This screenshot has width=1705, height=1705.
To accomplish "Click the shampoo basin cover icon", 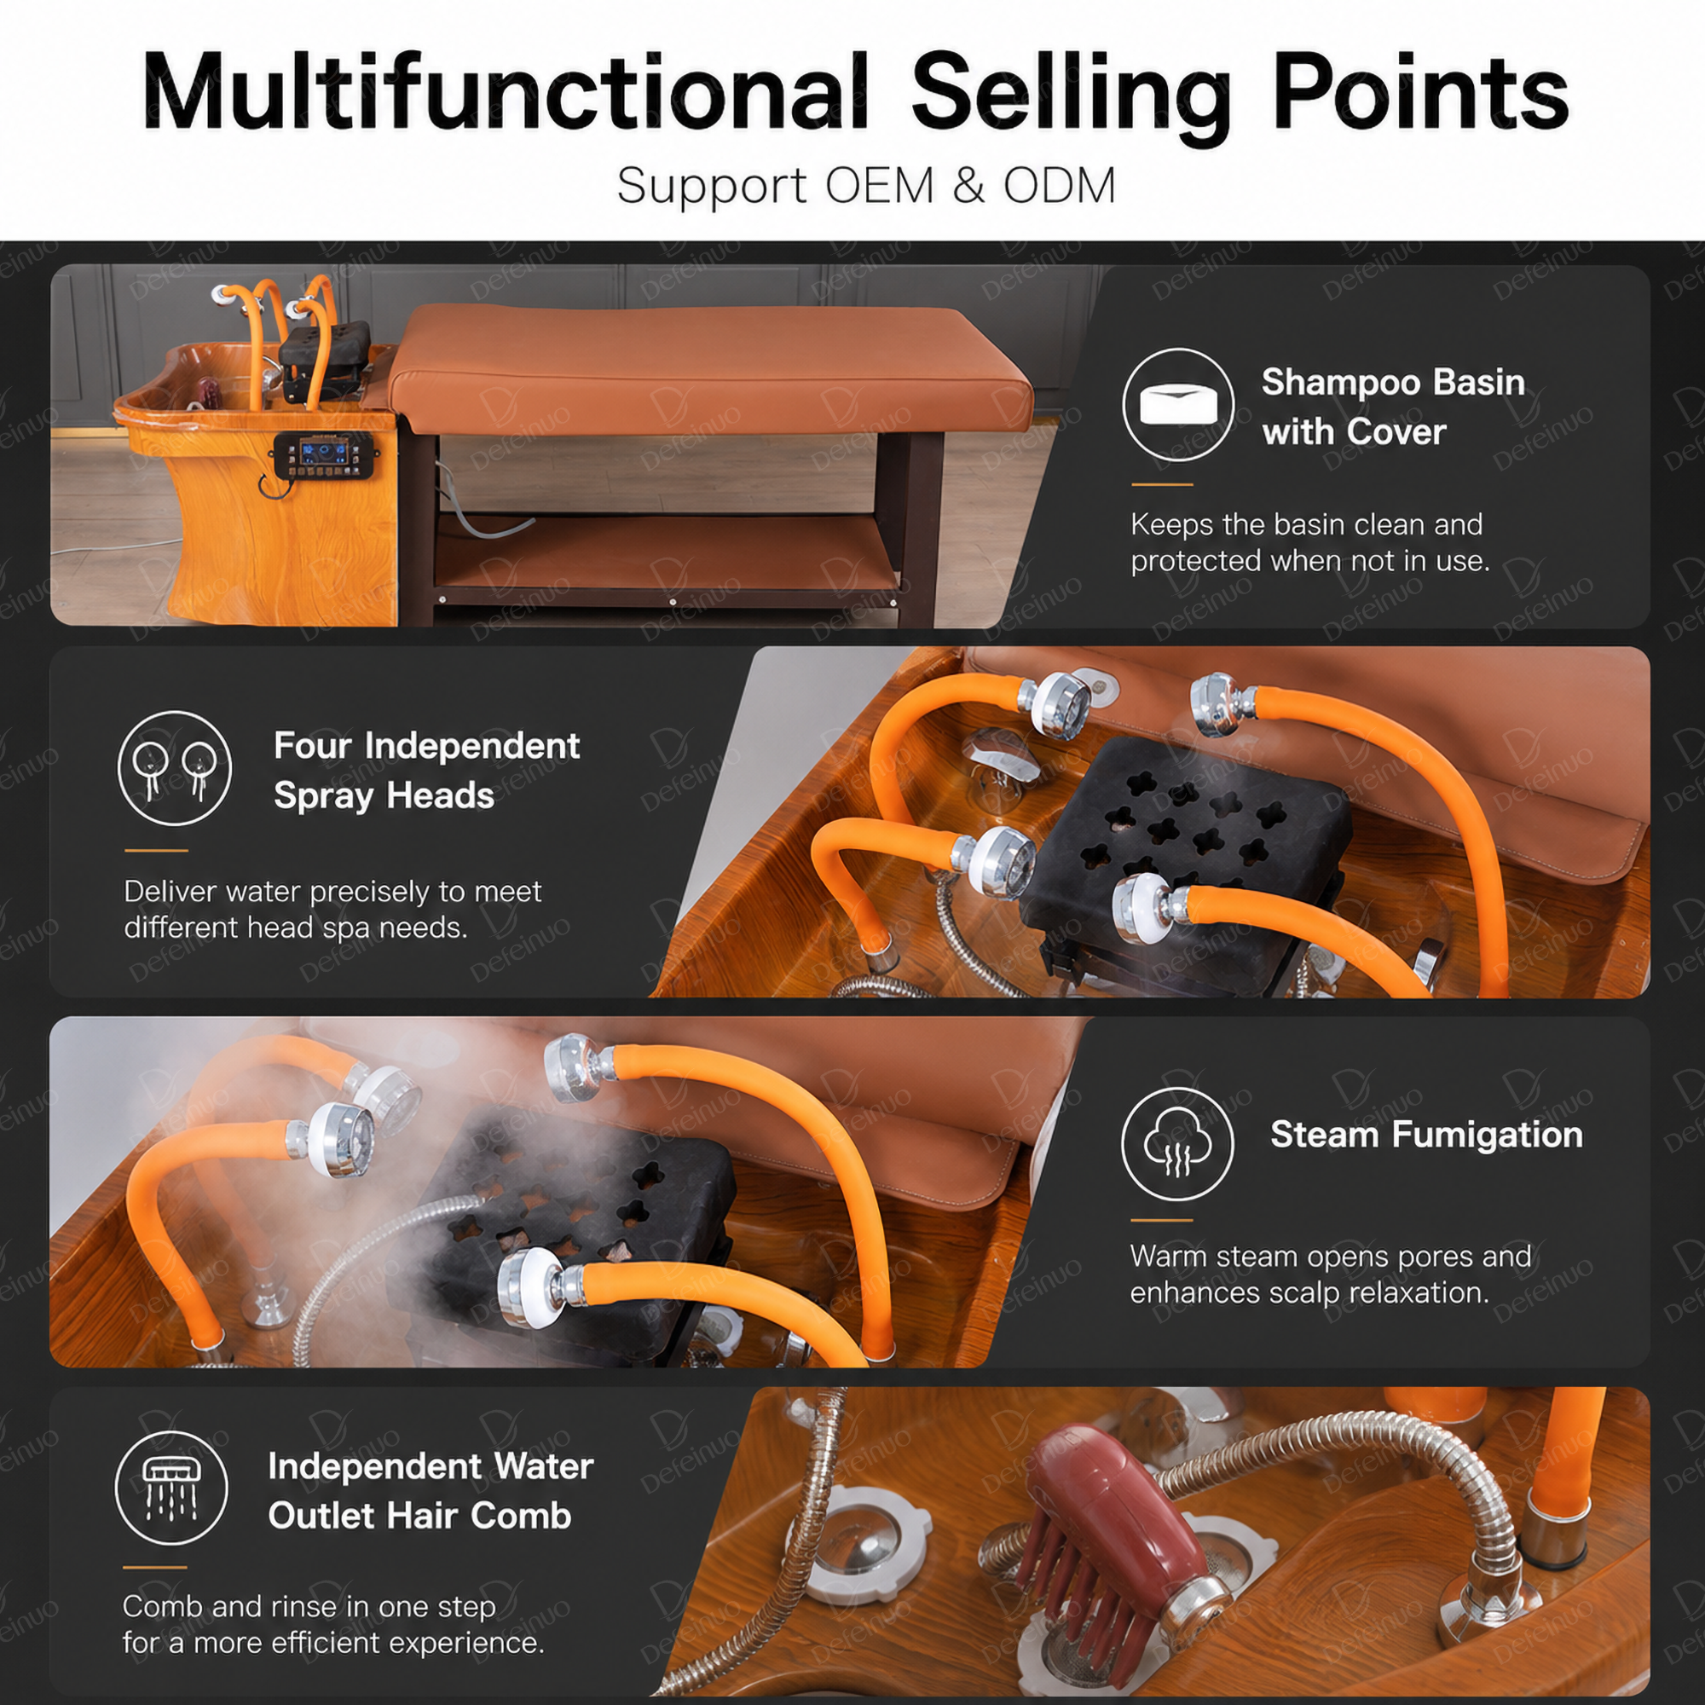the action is point(1178,404).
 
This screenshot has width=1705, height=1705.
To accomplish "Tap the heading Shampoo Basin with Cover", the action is point(1393,407).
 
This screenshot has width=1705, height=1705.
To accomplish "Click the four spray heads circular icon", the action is point(175,768).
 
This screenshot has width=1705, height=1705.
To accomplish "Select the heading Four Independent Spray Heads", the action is point(426,771).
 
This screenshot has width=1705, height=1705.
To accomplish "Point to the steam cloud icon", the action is point(1177,1143).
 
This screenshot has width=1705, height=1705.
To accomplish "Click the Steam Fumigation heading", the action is point(1426,1135).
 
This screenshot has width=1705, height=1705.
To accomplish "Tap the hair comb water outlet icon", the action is point(171,1488).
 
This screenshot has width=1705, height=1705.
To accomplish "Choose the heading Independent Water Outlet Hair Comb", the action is point(431,1490).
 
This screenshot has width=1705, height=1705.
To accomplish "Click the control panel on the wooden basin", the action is point(327,456).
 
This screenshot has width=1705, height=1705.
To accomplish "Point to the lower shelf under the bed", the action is point(667,556).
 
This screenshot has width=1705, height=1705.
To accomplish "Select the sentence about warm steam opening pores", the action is point(1330,1274).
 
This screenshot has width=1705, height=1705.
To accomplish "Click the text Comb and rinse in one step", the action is point(309,1606).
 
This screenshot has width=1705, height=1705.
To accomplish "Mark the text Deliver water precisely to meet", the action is point(332,892).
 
